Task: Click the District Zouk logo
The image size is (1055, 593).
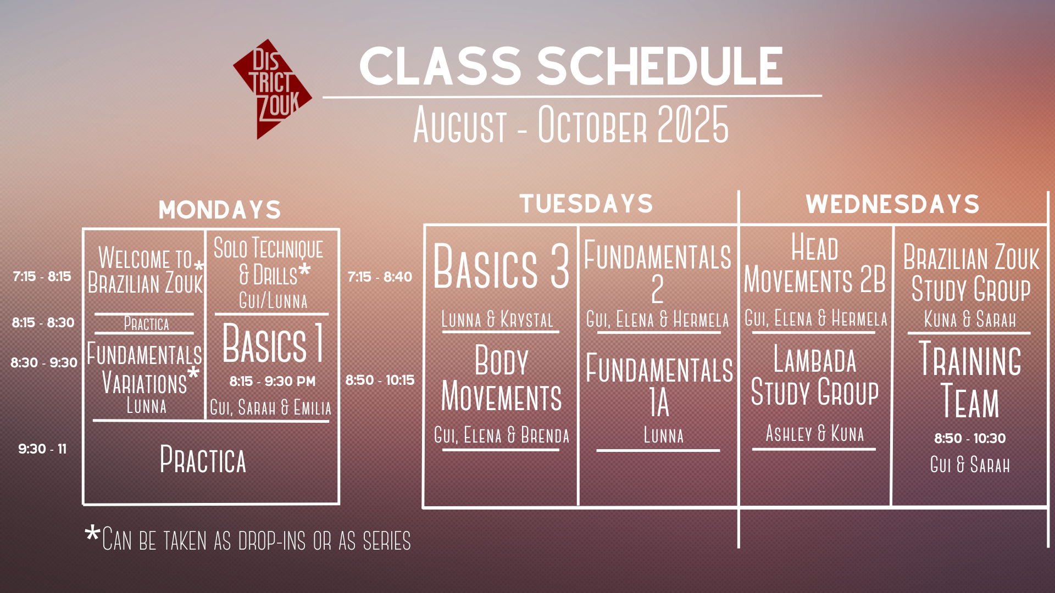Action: pos(273,89)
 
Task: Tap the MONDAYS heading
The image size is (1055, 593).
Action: pos(220,210)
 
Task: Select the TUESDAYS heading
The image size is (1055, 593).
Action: pos(586,204)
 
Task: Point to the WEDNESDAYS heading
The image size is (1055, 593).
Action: pos(893,204)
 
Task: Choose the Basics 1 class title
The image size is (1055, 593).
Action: pos(273,343)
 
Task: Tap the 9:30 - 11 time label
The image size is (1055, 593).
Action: pos(42,449)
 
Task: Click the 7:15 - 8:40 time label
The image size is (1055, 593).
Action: pos(380,277)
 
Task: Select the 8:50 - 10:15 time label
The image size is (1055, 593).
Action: pos(380,380)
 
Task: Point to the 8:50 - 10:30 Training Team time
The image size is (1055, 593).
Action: pos(970,438)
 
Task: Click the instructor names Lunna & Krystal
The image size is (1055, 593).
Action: pos(497,320)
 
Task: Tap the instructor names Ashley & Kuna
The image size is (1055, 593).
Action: pos(815,433)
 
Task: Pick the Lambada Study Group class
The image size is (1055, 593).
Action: pos(815,376)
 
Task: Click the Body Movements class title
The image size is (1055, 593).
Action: pos(502,378)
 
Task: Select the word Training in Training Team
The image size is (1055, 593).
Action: pos(970,359)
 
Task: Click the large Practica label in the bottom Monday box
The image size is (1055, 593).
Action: pos(203,460)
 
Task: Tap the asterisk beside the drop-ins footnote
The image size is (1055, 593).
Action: pos(93,534)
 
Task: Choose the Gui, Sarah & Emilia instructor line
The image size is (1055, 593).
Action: pos(271,408)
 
